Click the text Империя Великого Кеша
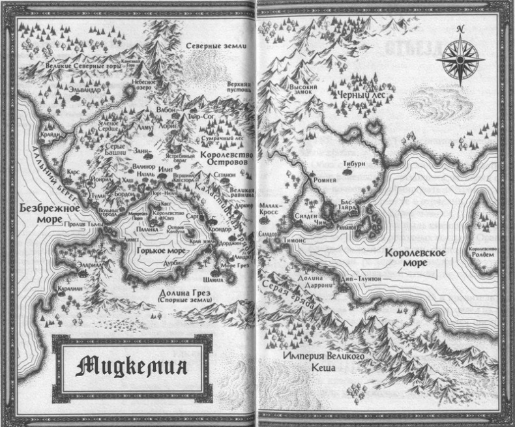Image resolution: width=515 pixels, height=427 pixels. pyautogui.click(x=324, y=362)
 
